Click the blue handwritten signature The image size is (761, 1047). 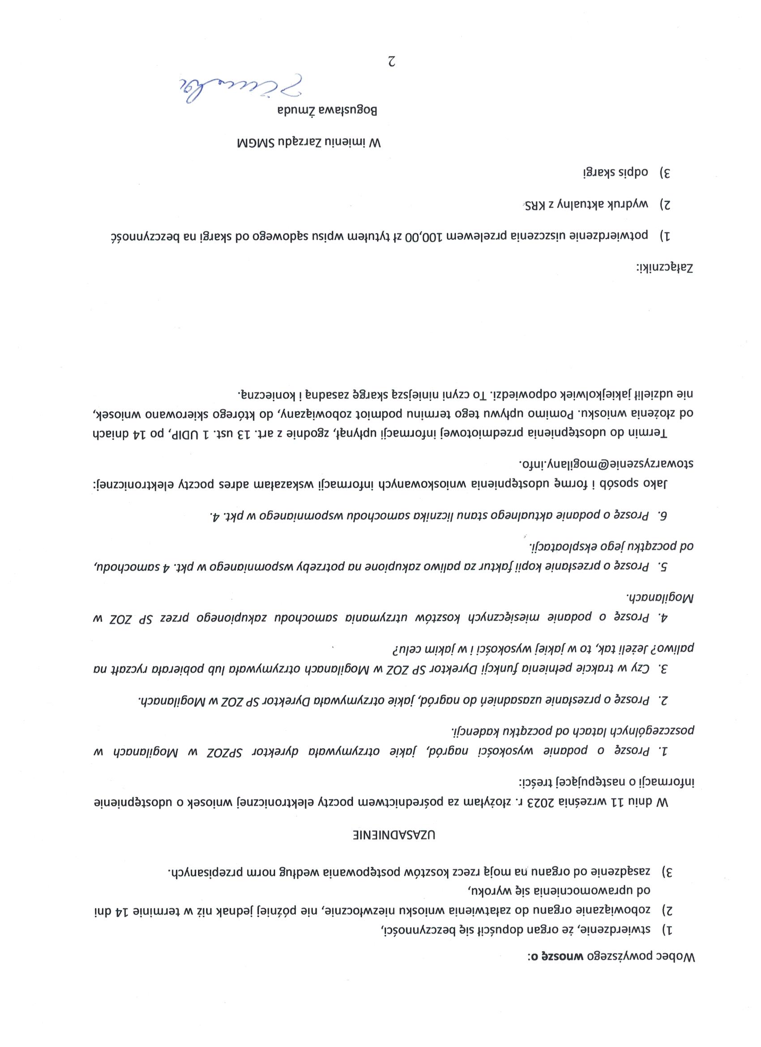tap(240, 88)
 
